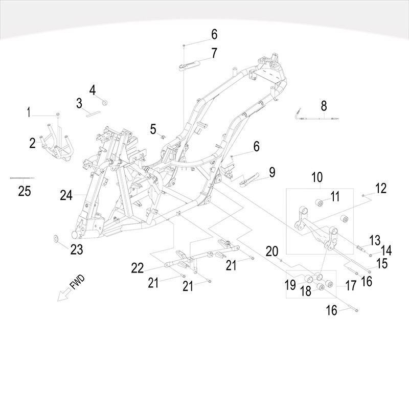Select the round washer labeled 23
[56, 238]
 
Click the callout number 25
[25, 191]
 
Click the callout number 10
[317, 177]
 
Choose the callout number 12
[380, 188]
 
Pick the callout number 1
[29, 111]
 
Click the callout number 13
[375, 239]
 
